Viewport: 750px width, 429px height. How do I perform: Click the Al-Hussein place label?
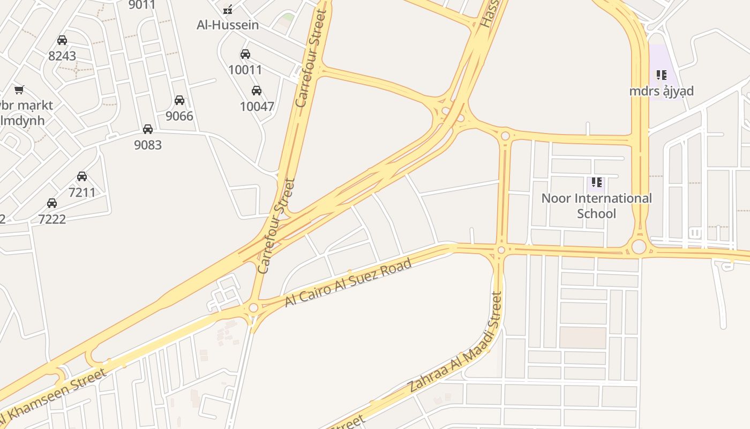click(228, 25)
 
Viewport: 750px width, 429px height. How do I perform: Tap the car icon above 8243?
click(62, 40)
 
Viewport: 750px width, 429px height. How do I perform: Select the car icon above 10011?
click(245, 54)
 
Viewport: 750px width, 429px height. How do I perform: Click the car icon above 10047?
click(257, 91)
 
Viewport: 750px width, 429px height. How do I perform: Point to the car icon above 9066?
click(179, 100)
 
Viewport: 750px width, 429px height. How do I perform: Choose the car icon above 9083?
click(148, 129)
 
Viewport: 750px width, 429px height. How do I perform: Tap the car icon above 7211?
click(82, 176)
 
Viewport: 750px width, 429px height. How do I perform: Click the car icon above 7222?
click(52, 203)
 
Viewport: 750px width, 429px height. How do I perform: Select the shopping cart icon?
click(19, 90)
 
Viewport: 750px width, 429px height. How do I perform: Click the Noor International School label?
click(597, 206)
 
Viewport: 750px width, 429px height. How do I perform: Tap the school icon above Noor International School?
click(597, 183)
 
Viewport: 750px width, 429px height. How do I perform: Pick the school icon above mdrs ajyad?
click(662, 75)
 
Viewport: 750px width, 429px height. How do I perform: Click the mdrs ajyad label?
click(662, 91)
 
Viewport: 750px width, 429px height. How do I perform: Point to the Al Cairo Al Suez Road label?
click(348, 283)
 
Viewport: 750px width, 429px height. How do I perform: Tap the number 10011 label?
click(245, 70)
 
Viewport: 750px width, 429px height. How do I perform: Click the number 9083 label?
click(148, 145)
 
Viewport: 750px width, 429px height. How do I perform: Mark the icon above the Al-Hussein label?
click(228, 10)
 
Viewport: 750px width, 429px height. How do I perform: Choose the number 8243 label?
click(62, 56)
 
